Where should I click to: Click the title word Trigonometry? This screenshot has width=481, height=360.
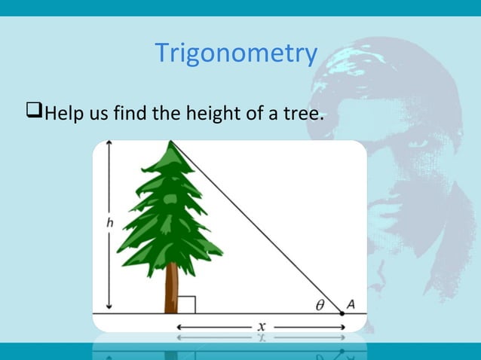pyautogui.click(x=236, y=53)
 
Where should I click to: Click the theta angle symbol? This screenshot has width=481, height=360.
pyautogui.click(x=321, y=304)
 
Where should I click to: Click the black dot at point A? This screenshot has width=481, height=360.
pyautogui.click(x=342, y=313)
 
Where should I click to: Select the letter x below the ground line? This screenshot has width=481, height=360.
pyautogui.click(x=262, y=327)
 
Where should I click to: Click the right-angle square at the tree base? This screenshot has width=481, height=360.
pyautogui.click(x=187, y=304)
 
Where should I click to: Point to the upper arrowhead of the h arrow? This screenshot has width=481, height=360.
pyautogui.click(x=109, y=145)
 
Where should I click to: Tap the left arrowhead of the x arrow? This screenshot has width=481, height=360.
pyautogui.click(x=179, y=327)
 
